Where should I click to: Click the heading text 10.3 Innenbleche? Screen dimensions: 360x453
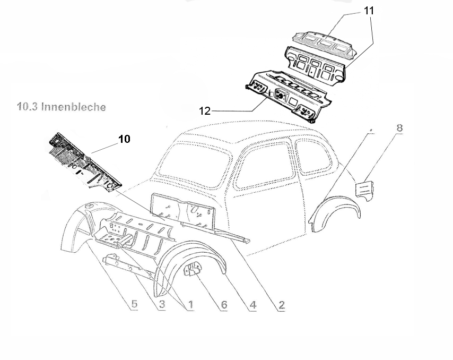[62, 107]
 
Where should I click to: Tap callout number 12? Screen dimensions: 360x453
[205, 111]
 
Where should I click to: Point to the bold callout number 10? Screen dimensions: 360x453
[124, 139]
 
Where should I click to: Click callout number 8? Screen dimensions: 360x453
[399, 128]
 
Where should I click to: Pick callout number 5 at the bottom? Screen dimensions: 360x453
[134, 305]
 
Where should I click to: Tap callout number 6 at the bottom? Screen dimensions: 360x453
[223, 305]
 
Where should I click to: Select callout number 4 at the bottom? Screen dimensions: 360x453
[252, 305]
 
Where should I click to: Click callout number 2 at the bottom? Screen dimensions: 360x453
[282, 305]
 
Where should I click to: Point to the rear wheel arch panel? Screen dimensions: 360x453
[334, 212]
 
